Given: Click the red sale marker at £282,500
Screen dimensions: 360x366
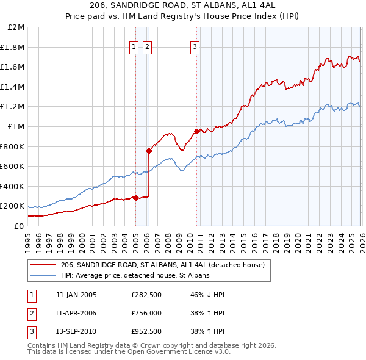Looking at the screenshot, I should pyautogui.click(x=135, y=198).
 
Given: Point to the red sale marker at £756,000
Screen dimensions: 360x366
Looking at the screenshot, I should pyautogui.click(x=149, y=151).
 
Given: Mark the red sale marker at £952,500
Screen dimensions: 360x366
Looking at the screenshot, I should pyautogui.click(x=196, y=131).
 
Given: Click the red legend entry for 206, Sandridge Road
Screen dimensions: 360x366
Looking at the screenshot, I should pyautogui.click(x=162, y=265).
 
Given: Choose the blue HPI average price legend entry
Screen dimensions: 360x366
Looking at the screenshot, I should pyautogui.click(x=135, y=276).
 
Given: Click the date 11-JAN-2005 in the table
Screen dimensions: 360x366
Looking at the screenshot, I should pyautogui.click(x=76, y=295).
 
